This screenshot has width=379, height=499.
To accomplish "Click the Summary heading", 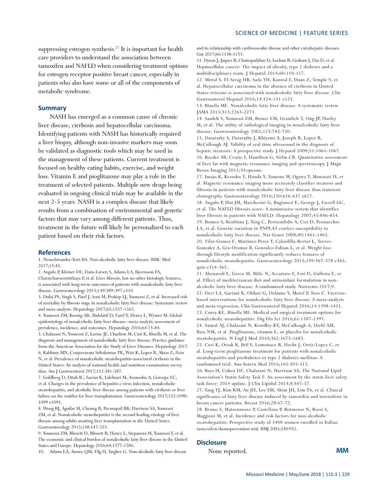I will coord(52,108).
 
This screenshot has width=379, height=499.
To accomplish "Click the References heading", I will coord(54,253).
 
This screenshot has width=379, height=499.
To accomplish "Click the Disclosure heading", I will coord(211,443).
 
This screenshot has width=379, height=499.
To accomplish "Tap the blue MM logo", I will coord(342,450).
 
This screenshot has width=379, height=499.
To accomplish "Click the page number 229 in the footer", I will coord(346,474).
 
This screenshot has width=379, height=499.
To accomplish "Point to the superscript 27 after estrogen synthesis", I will coord(117,47).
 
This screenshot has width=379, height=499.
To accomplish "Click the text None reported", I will coord(227,451).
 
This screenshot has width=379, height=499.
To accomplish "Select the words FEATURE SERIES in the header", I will coord(326,33).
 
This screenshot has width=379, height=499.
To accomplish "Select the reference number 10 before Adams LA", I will coord(41,452).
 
